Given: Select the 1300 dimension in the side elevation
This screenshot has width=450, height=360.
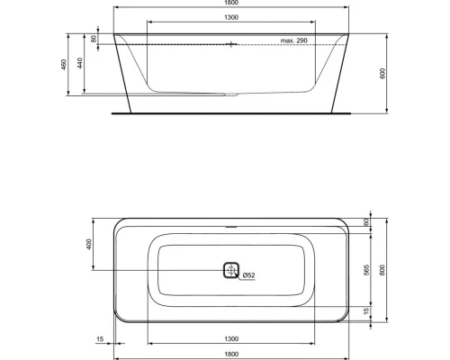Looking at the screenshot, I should (x=231, y=17).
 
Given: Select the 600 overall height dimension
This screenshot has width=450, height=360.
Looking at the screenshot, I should (x=384, y=73).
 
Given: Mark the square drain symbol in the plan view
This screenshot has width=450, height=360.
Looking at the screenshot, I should (x=231, y=270).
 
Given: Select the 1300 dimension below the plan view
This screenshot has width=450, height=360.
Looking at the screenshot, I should (x=231, y=338).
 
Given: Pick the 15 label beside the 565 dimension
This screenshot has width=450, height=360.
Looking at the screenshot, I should (x=366, y=310).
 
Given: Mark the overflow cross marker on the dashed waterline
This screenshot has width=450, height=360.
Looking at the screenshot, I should (x=231, y=43).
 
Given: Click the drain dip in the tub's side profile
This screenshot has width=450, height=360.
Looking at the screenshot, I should (x=232, y=93).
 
